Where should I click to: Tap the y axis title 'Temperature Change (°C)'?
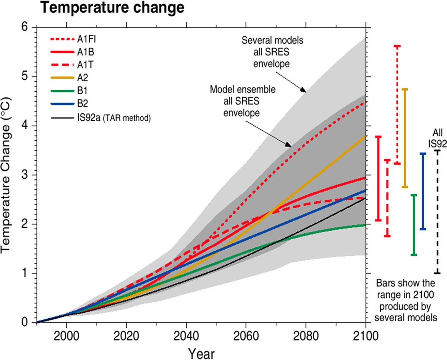click(x=8, y=175)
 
